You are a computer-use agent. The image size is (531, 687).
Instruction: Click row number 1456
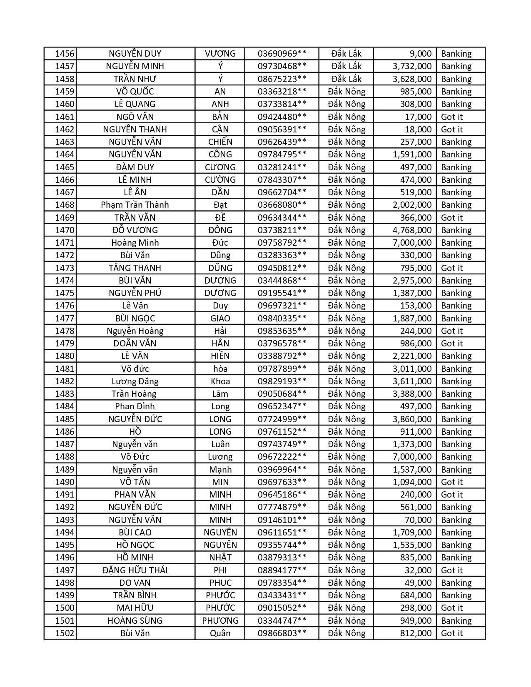click(x=65, y=54)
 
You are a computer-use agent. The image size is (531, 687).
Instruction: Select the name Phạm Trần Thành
click(x=135, y=205)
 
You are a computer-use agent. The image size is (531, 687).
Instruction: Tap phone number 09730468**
click(x=282, y=66)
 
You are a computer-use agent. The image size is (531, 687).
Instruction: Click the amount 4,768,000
click(x=412, y=230)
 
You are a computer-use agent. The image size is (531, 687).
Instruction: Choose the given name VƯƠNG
click(x=220, y=54)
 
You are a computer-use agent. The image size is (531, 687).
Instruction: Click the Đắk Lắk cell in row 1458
click(x=347, y=79)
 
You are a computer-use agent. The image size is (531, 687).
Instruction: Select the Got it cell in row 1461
click(x=452, y=117)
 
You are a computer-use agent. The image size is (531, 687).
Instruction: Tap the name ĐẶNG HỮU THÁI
click(x=135, y=570)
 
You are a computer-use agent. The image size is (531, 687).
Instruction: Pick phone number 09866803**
click(x=282, y=633)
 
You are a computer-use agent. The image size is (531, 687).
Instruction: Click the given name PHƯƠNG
click(x=220, y=621)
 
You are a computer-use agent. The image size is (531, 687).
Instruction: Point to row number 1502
click(x=65, y=633)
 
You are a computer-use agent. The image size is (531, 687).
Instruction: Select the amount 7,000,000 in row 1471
click(x=412, y=243)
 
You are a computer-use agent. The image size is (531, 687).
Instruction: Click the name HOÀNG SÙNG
click(x=135, y=621)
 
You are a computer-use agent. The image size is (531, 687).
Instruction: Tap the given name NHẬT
click(x=220, y=558)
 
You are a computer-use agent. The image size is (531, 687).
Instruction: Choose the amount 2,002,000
click(x=412, y=205)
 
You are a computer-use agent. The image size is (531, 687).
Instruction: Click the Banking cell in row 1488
click(x=456, y=457)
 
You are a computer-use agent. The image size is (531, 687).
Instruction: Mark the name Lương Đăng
click(x=135, y=381)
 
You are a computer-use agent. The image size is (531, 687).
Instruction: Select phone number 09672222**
click(x=282, y=457)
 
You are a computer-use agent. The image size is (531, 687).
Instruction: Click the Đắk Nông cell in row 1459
click(x=347, y=92)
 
